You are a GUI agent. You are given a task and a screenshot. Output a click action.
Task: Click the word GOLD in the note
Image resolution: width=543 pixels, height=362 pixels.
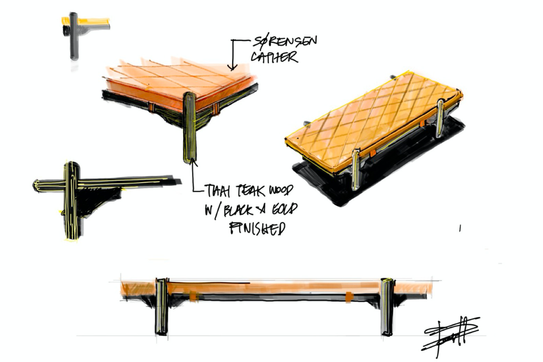coord(281,210)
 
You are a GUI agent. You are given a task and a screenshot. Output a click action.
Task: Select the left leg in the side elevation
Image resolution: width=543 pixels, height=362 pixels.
coord(162,306)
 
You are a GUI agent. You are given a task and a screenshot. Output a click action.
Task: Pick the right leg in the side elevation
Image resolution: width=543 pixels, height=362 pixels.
coord(387,306)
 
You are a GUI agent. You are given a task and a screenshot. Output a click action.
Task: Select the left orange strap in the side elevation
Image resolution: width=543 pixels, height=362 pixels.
coord(194,296)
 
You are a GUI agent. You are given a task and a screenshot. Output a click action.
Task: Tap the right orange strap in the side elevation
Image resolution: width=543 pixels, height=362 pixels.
coord(349,297)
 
